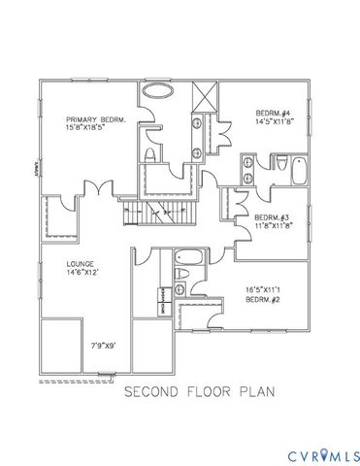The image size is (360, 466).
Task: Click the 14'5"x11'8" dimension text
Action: pyautogui.click(x=276, y=121)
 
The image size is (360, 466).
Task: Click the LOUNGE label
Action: pyautogui.click(x=80, y=263)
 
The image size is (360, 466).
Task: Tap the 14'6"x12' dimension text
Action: pyautogui.click(x=82, y=273)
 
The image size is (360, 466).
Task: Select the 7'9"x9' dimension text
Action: pyautogui.click(x=104, y=344)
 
